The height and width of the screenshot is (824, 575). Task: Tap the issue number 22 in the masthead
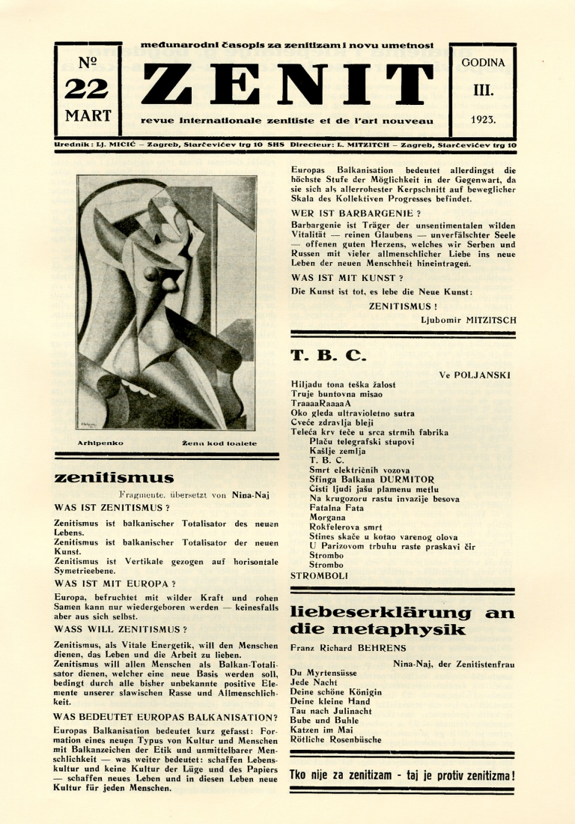point(88,88)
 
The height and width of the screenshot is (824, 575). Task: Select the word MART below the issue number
point(88,116)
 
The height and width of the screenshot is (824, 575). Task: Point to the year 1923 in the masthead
point(483,118)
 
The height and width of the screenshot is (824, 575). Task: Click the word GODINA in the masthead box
point(483,63)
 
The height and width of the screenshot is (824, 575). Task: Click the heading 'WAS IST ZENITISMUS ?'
point(112,507)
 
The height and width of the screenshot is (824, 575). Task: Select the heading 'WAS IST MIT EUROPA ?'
point(115,582)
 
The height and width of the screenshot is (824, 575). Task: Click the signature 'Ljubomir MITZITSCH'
point(469,320)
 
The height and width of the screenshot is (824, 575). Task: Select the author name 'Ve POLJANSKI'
point(475,374)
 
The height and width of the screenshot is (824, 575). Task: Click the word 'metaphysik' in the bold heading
point(378,630)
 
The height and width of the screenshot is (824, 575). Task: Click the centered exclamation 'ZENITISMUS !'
point(403,306)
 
